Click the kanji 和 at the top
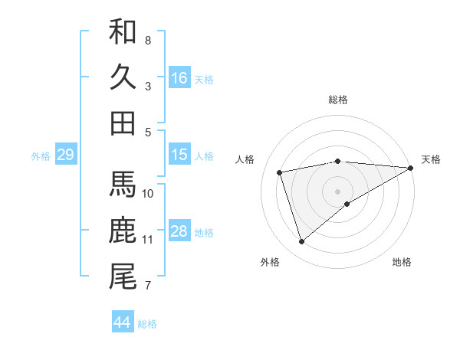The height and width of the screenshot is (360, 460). click(123, 31)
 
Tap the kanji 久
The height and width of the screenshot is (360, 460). click(123, 77)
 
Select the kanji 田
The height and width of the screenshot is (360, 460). click(123, 123)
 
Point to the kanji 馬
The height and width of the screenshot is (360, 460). click(123, 185)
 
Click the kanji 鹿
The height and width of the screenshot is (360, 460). click(123, 231)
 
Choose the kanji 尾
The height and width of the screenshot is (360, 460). click(123, 277)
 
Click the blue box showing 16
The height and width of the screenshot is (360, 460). click(179, 78)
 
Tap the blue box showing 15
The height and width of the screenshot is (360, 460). click(179, 155)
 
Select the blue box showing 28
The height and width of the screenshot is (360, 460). click(179, 231)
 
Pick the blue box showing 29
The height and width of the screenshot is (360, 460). click(65, 155)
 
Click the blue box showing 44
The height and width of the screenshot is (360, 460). click(122, 322)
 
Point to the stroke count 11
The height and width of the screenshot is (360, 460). click(147, 240)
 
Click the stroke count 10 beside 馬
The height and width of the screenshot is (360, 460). click(148, 194)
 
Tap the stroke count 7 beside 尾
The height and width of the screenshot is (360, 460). click(147, 286)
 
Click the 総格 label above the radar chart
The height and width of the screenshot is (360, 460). click(337, 100)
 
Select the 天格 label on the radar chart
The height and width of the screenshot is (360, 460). click(431, 159)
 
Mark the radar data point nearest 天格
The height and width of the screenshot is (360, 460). click(411, 167)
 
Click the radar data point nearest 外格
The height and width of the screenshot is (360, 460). click(301, 242)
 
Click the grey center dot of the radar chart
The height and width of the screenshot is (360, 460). click(337, 191)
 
